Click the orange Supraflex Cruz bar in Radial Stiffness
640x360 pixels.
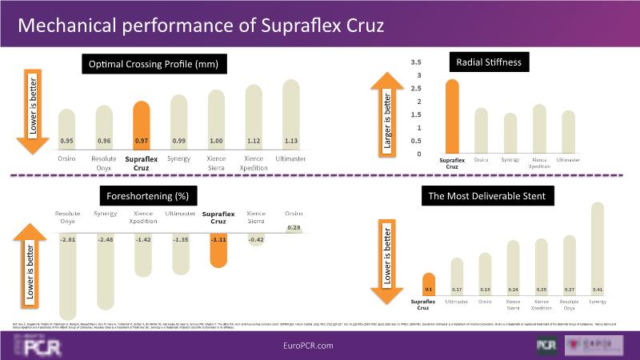pyautogui.click(x=453, y=116)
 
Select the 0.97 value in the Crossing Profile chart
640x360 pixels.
pyautogui.click(x=141, y=141)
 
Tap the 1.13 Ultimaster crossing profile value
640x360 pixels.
pyautogui.click(x=291, y=141)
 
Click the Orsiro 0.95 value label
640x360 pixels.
pyautogui.click(x=67, y=141)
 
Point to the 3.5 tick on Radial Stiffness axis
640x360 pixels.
pyautogui.click(x=415, y=62)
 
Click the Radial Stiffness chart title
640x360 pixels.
pyautogui.click(x=488, y=62)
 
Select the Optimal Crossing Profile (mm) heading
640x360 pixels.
pyautogui.click(x=153, y=64)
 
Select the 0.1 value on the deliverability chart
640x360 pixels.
pyautogui.click(x=429, y=289)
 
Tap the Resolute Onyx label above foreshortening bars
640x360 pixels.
pyautogui.click(x=67, y=218)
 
